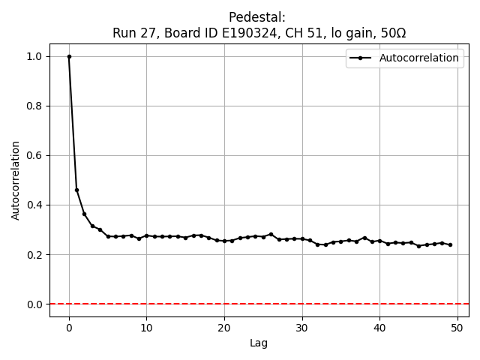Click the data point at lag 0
pos(69,56)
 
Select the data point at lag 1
pos(76,190)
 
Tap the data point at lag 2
pos(85,214)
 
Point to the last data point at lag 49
pos(449,244)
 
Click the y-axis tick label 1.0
pos(34,56)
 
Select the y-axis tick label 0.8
pos(34,106)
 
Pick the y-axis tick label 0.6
pos(34,155)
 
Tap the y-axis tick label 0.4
pos(34,205)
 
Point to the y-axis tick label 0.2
pos(34,254)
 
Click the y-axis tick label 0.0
pos(34,304)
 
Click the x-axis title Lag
pos(259,343)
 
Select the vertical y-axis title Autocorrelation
pos(16,180)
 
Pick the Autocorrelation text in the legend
pos(419,58)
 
